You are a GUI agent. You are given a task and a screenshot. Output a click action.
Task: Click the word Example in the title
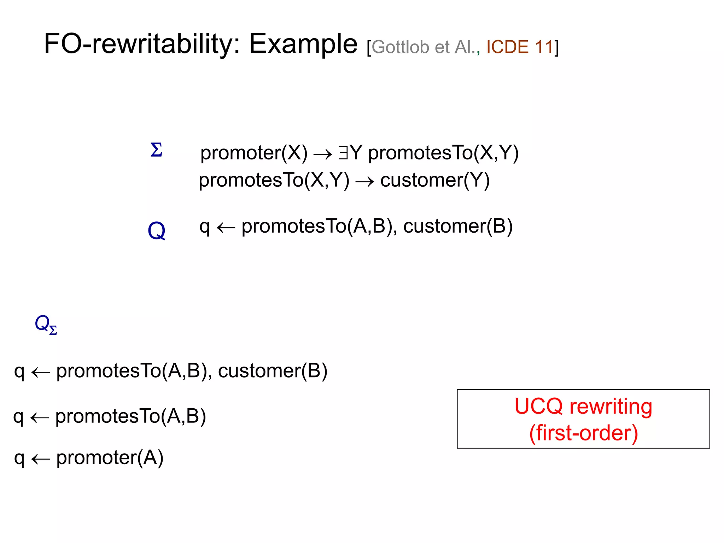pyautogui.click(x=303, y=44)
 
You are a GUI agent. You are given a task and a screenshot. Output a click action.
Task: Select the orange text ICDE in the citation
pyautogui.click(x=507, y=47)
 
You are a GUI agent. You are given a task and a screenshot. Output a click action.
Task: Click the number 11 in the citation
pyautogui.click(x=544, y=47)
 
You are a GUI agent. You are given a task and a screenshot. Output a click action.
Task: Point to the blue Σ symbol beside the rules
pyautogui.click(x=156, y=150)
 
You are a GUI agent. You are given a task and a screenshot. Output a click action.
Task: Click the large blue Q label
pyautogui.click(x=156, y=231)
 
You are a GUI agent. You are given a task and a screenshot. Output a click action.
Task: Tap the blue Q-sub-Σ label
pyautogui.click(x=46, y=324)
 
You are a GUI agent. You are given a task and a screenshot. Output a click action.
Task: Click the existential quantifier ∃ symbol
pyautogui.click(x=343, y=153)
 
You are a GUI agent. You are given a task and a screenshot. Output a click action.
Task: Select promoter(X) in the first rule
pyautogui.click(x=254, y=153)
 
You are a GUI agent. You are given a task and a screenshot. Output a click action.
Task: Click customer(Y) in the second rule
pyautogui.click(x=435, y=180)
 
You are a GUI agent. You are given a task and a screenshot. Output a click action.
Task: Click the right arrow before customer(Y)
pyautogui.click(x=364, y=182)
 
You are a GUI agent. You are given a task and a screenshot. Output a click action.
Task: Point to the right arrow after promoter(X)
pyautogui.click(x=323, y=154)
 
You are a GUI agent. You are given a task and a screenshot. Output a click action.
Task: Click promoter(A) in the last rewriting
pyautogui.click(x=110, y=458)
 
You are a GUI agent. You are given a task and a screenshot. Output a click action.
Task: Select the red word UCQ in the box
pyautogui.click(x=538, y=406)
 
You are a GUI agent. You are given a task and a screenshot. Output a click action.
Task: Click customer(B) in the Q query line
pyautogui.click(x=458, y=226)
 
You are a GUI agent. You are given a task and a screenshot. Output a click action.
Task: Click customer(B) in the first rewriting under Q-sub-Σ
pyautogui.click(x=273, y=371)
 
